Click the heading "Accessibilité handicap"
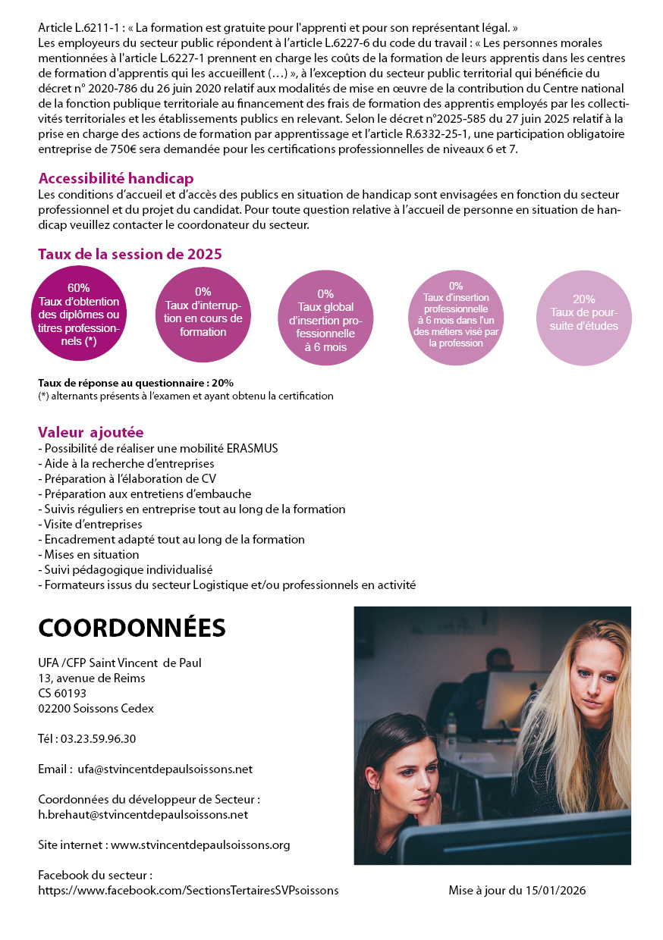click(116, 179)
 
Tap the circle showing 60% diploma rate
click(79, 315)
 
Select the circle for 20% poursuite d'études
click(583, 317)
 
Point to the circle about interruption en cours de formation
click(203, 315)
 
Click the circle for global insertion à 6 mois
click(325, 318)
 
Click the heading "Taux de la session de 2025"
click(130, 255)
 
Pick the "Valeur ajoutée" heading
click(90, 433)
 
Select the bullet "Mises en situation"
click(90, 555)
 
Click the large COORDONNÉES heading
click(131, 628)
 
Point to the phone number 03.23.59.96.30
click(98, 739)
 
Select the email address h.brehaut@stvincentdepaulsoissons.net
click(143, 815)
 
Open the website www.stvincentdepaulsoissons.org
click(200, 845)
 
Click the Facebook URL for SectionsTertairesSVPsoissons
click(188, 891)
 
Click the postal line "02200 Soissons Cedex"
click(96, 709)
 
